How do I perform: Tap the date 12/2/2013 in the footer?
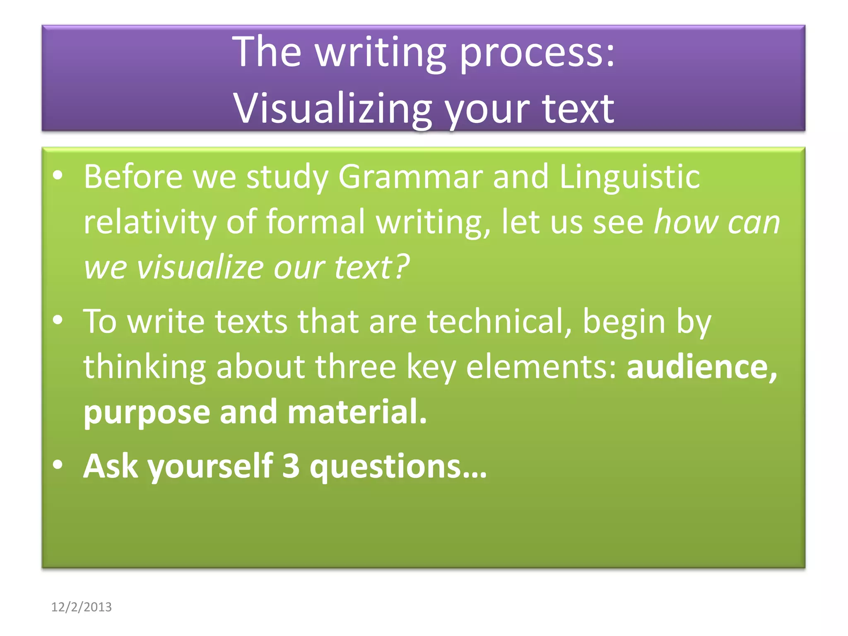point(81,607)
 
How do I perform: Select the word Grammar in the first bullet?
point(410,177)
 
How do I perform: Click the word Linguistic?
point(629,177)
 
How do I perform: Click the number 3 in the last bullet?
point(291,466)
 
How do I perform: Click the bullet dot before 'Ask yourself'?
point(58,465)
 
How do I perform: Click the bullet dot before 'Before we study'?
point(58,176)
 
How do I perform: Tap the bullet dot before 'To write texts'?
point(58,320)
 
